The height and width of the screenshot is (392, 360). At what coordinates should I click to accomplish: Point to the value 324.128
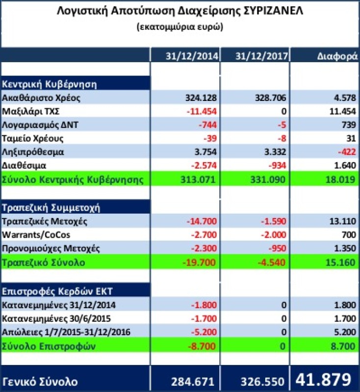tap(200, 98)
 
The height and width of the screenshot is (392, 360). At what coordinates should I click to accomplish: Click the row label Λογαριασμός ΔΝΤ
tap(40, 125)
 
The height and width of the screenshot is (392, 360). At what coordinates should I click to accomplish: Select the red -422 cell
tap(346, 152)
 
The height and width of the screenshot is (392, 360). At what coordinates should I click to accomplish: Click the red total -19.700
tap(199, 263)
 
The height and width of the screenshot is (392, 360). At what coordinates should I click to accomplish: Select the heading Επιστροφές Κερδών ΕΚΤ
tap(58, 291)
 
